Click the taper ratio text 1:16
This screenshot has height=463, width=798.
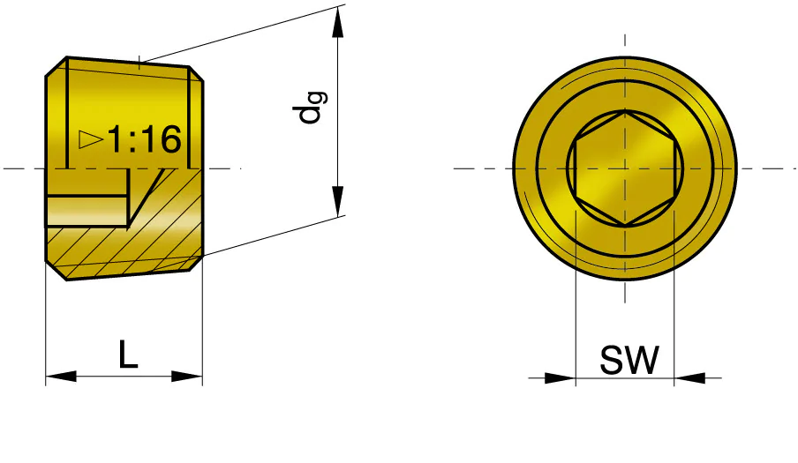tap(145, 139)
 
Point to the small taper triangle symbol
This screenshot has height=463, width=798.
tap(91, 138)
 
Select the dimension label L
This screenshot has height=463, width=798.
tap(128, 355)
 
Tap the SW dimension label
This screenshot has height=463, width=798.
tap(629, 360)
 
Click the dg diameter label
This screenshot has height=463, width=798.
tap(310, 108)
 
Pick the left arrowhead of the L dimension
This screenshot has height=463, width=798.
tap(61, 377)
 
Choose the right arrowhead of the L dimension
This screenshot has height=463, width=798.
tap(187, 377)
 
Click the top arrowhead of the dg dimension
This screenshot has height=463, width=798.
tap(337, 22)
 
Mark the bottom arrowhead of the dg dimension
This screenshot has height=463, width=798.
tap(337, 201)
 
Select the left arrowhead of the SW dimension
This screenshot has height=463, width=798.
tap(560, 378)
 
